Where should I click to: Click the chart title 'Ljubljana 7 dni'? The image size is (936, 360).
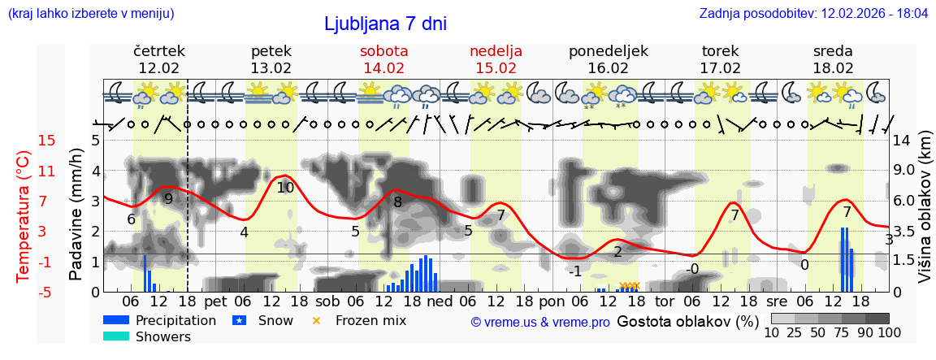tap(385, 24)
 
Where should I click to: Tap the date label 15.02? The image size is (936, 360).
tap(496, 68)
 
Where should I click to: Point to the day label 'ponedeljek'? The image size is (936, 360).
tap(608, 51)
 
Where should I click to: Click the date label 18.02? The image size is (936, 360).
tap(833, 68)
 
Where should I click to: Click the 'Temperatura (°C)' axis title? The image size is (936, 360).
tap(24, 216)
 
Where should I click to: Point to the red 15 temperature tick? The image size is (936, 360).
tap(46, 141)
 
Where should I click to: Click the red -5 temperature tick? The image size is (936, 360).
tap(46, 292)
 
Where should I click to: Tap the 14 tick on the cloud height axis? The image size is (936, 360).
tap(903, 141)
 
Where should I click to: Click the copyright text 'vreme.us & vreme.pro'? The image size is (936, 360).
tap(540, 322)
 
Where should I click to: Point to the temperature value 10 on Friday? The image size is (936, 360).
tap(284, 187)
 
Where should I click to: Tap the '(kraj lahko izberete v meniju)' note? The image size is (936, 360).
tap(90, 14)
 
